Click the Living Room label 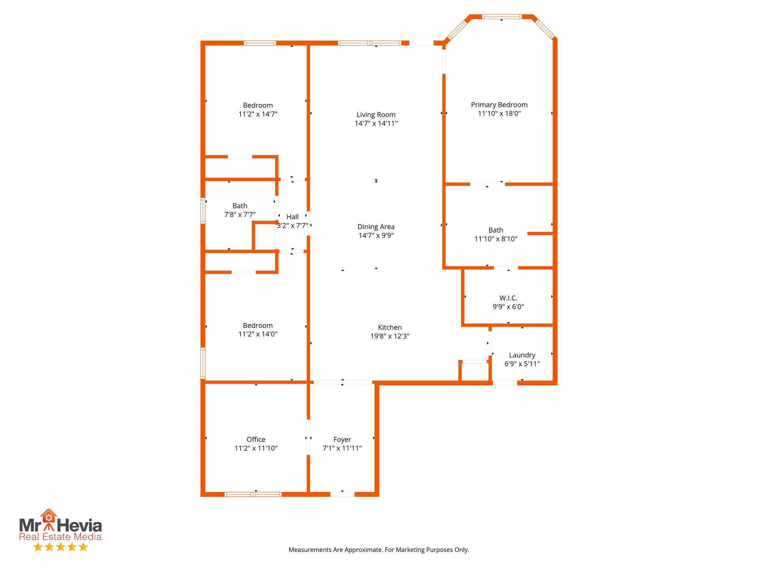point(376,115)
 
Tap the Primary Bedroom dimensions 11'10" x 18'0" point(499,114)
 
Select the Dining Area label point(376,227)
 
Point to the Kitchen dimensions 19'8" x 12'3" point(390,336)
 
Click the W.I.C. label point(508,298)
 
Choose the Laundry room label point(522,355)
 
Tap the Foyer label point(342,440)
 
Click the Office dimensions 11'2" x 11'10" point(256,449)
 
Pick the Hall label point(292,217)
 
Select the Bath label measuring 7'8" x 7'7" point(240,206)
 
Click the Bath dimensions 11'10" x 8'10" point(496,239)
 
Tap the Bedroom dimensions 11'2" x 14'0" point(258,334)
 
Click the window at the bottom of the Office point(253,494)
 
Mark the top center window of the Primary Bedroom point(502,17)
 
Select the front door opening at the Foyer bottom point(342,494)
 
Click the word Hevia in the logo point(79,526)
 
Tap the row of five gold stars point(61,547)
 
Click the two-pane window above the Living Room point(369,43)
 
